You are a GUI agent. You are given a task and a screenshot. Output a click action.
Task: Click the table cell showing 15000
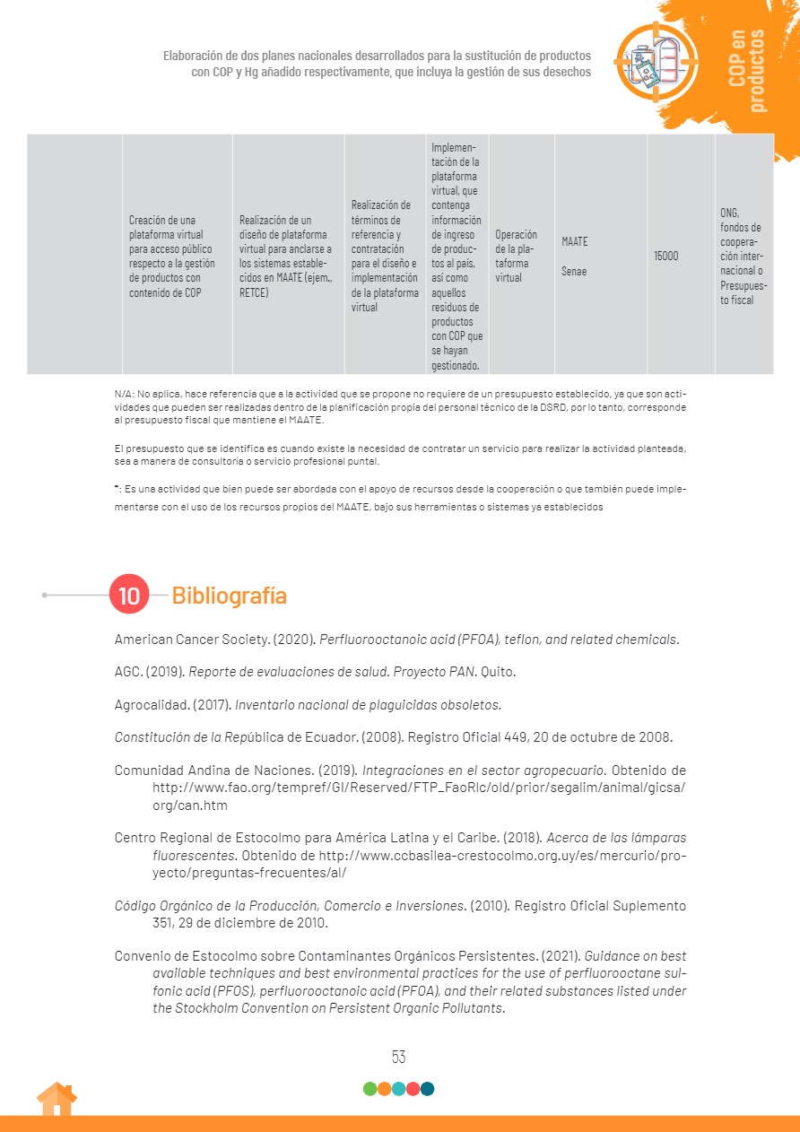click(665, 256)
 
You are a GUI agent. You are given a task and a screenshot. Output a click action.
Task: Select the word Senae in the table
click(574, 271)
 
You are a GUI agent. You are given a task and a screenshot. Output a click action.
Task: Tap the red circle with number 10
click(129, 596)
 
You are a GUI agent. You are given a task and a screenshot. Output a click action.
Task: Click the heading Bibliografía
click(229, 596)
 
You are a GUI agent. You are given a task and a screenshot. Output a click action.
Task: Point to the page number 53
click(399, 1057)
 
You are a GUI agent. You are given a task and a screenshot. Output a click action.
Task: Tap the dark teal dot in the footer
click(427, 1089)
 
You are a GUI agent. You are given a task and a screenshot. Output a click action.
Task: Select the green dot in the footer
click(370, 1089)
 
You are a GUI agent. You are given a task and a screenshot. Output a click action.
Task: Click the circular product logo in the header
click(655, 61)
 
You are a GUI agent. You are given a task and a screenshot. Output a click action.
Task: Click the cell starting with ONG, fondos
click(743, 257)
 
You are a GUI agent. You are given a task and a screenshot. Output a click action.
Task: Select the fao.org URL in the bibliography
click(419, 788)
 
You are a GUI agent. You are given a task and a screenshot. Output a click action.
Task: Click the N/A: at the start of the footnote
click(124, 394)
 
